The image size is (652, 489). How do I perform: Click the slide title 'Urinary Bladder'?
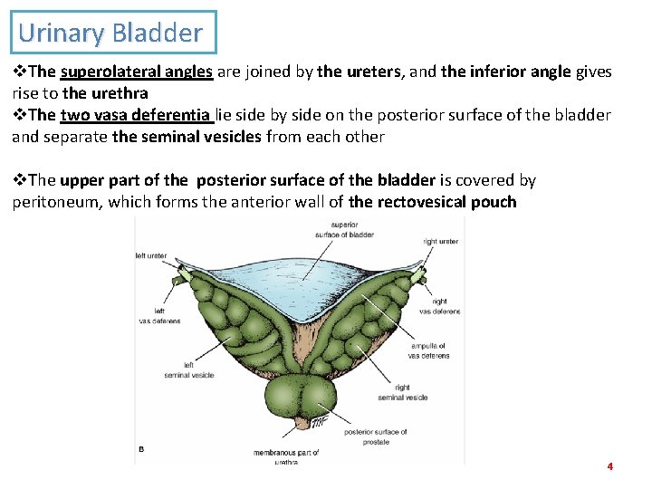click(x=110, y=34)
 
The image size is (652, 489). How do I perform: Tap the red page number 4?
click(x=609, y=466)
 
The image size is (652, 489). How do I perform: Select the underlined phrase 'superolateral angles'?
click(x=136, y=72)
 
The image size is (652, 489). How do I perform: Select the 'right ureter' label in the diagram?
click(x=440, y=242)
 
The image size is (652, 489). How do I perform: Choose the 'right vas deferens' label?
click(x=439, y=306)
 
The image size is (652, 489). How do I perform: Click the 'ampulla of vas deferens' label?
click(x=428, y=351)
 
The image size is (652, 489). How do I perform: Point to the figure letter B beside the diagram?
click(x=140, y=448)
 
